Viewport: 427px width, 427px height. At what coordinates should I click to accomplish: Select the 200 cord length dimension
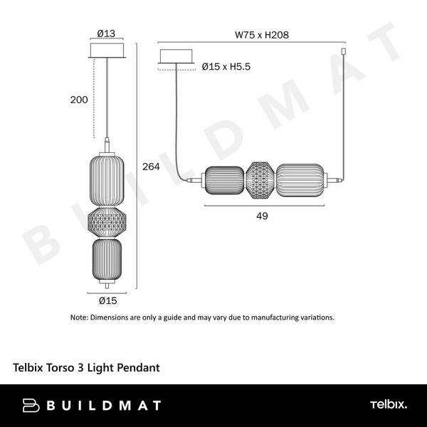coord(80,100)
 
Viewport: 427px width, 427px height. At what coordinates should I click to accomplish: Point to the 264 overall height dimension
coord(150,167)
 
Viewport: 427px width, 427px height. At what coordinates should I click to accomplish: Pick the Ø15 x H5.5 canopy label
coord(226,66)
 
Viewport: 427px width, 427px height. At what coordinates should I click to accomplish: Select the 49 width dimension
coord(262,216)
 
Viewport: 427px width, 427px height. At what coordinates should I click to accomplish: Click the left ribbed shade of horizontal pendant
coord(225,181)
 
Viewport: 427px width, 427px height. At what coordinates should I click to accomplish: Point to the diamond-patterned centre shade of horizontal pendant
coord(260,181)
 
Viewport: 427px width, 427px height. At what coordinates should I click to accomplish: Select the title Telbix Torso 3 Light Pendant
coord(86,368)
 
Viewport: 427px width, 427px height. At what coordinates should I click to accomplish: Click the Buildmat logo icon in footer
coord(31,406)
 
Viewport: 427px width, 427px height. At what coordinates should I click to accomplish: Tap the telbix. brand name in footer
coord(388,405)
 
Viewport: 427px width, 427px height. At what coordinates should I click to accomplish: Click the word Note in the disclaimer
coord(80,317)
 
